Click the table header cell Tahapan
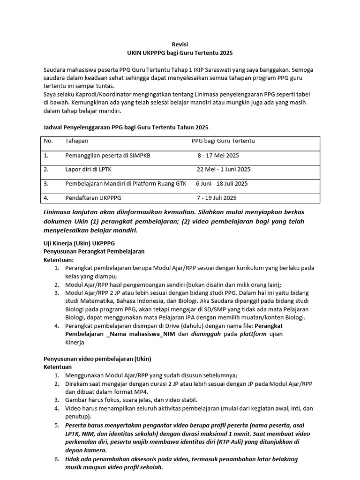[76, 141]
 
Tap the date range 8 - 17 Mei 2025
[218, 155]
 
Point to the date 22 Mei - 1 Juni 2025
[223, 169]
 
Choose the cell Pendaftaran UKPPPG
[93, 198]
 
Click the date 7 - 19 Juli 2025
[217, 198]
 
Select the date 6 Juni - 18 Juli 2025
[222, 184]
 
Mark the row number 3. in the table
[46, 184]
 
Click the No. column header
[48, 141]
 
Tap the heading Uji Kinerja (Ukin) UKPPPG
[79, 243]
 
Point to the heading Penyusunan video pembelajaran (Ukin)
[97, 359]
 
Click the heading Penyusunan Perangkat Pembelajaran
[94, 251]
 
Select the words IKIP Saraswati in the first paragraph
[236, 69]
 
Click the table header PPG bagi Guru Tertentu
[223, 141]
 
